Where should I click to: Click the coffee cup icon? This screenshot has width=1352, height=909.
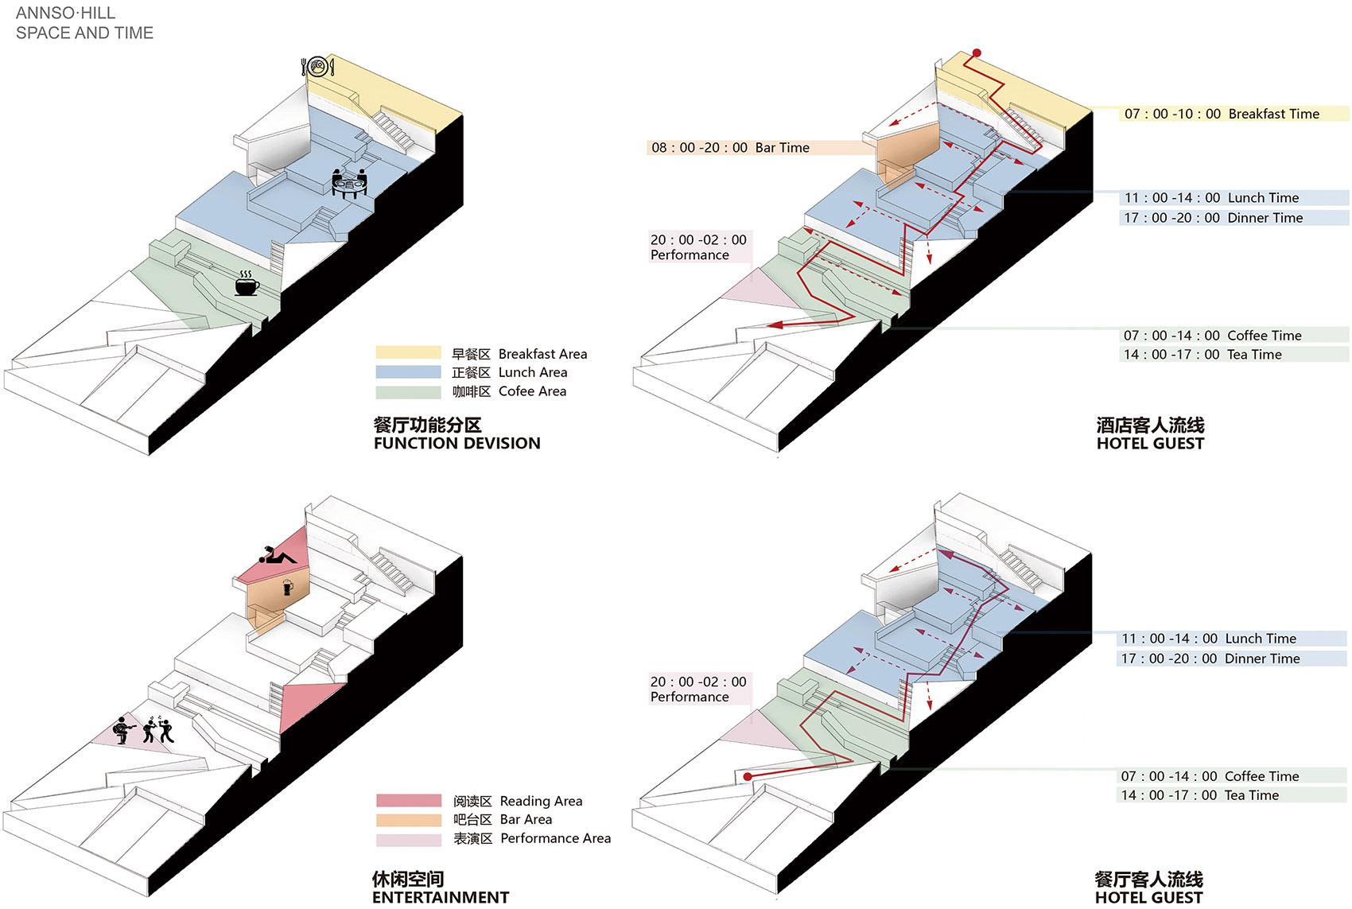click(247, 284)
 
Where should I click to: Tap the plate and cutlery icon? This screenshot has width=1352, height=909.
click(318, 66)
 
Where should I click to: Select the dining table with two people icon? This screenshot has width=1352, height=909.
click(349, 183)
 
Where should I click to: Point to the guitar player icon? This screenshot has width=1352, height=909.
click(123, 728)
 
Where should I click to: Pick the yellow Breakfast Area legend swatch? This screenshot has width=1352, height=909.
click(408, 353)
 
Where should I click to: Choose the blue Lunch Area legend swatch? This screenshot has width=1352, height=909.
click(408, 372)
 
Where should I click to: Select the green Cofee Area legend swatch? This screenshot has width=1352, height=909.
click(408, 391)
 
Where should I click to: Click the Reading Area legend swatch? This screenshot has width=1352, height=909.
click(409, 801)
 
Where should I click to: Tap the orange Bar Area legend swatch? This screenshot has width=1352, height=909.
click(409, 820)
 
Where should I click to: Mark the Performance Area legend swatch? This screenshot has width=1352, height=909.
click(409, 839)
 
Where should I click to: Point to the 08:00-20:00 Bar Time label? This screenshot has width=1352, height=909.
click(729, 147)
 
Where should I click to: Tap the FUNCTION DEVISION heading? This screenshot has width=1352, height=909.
click(456, 444)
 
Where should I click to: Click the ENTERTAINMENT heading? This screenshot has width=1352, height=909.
click(440, 898)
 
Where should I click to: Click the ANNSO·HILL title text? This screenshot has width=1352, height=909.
click(65, 13)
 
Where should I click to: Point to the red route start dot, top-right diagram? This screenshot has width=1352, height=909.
click(977, 53)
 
